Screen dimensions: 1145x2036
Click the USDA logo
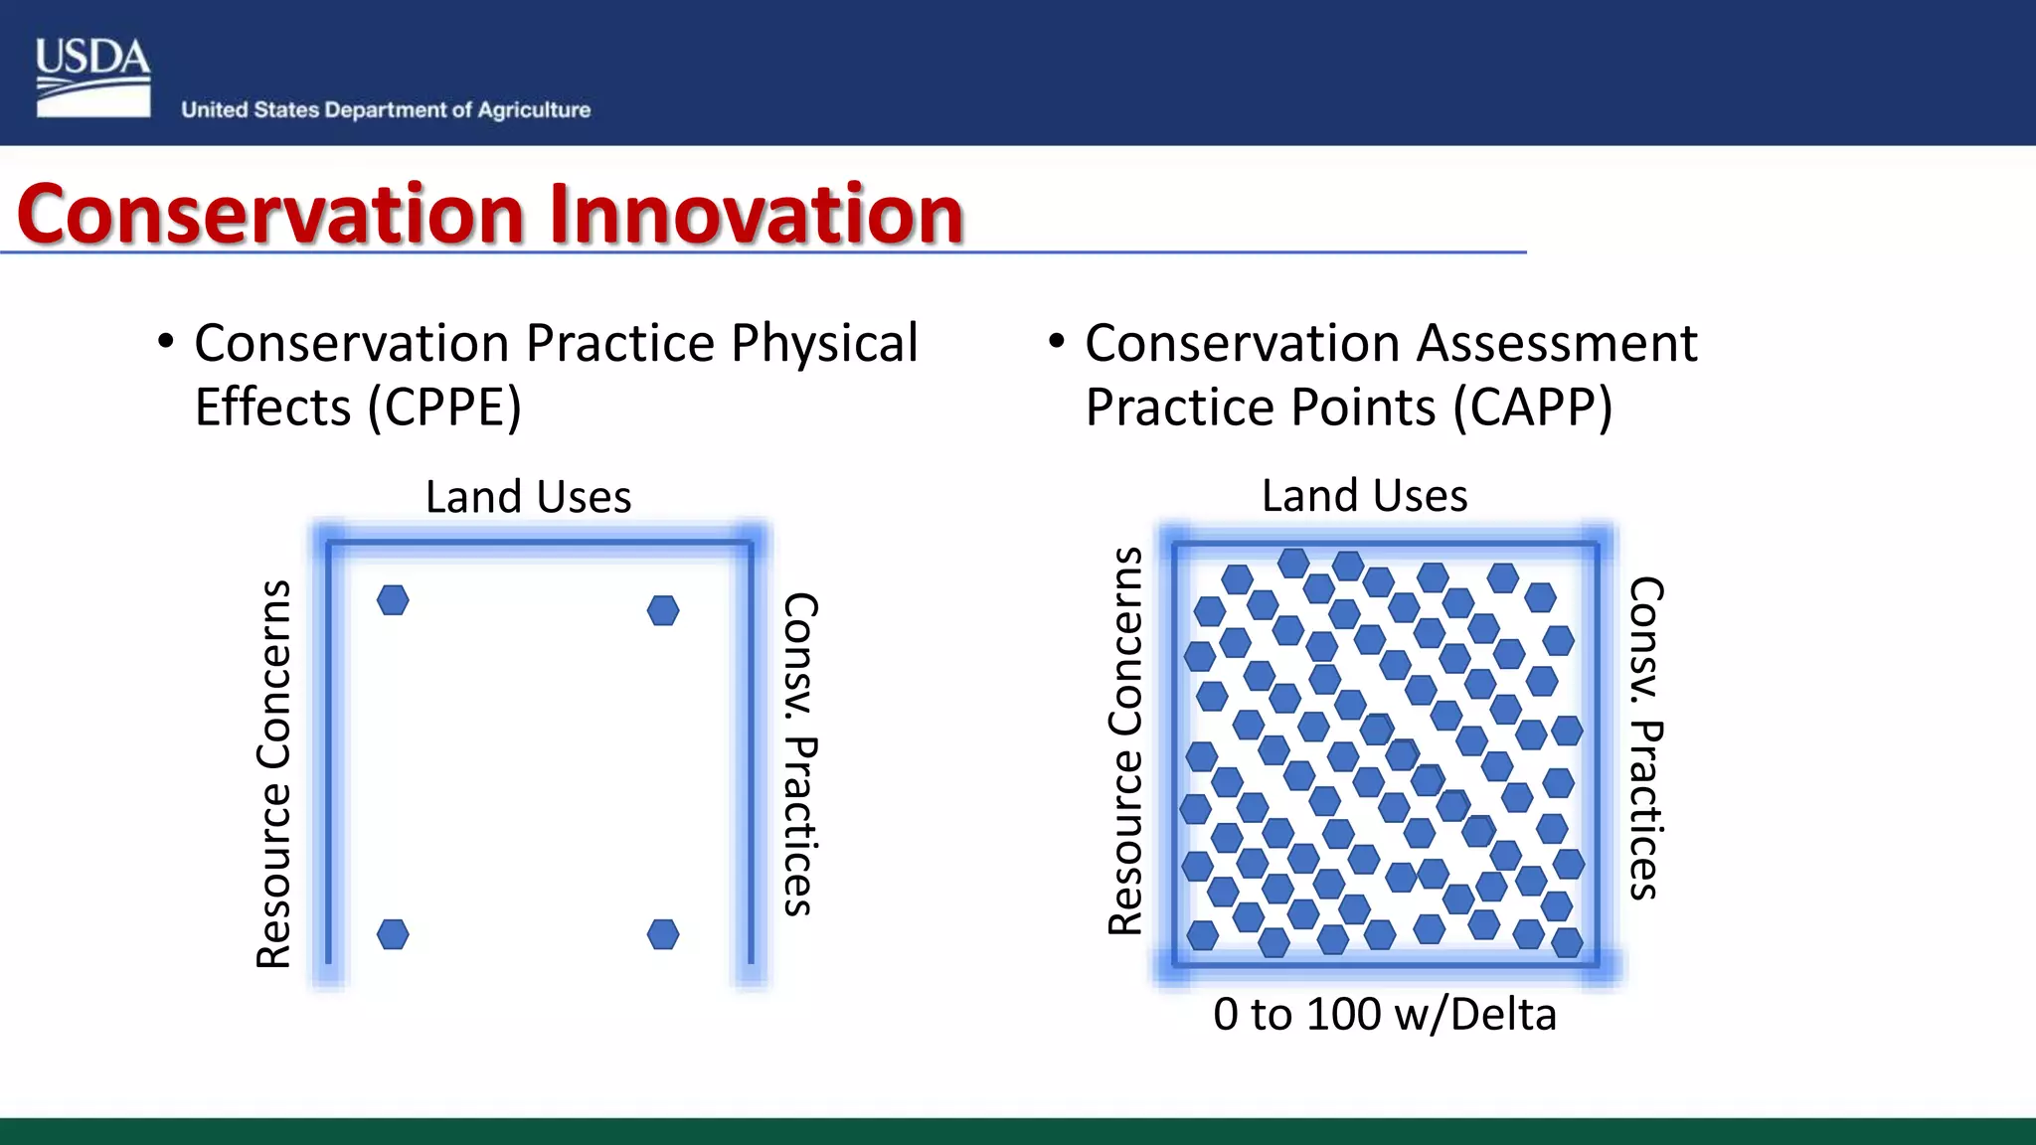point(92,78)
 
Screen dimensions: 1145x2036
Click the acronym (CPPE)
point(444,407)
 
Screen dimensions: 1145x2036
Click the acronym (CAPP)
point(1532,407)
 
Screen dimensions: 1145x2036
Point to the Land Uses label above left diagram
point(528,496)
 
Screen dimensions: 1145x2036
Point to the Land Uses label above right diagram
point(1364,495)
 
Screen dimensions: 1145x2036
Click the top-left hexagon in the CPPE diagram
point(393,599)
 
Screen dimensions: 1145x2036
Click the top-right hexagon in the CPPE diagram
point(663,610)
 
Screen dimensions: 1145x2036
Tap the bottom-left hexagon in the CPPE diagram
point(393,934)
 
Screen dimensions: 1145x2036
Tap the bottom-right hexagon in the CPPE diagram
point(663,934)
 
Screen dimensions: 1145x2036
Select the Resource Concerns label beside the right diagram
point(1125,740)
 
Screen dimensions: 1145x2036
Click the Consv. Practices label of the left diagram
point(799,753)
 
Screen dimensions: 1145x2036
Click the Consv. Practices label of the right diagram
point(1645,738)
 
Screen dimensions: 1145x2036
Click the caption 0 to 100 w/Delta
point(1384,1014)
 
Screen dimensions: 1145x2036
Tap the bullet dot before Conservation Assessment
point(1057,342)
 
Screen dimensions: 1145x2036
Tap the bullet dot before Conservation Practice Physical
point(166,342)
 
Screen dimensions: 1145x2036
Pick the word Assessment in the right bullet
point(1556,343)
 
